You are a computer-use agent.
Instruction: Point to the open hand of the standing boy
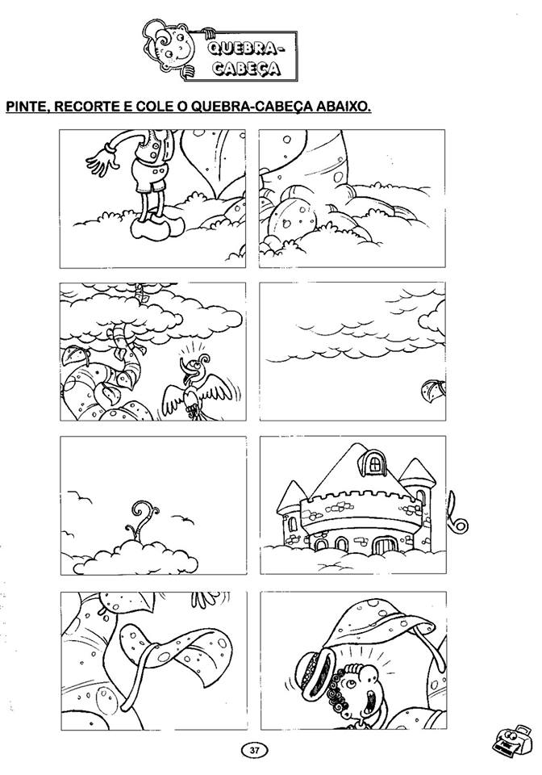coord(101,157)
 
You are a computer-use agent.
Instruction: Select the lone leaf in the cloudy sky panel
coord(432,391)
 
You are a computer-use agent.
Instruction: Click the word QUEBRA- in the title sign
coord(246,49)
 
